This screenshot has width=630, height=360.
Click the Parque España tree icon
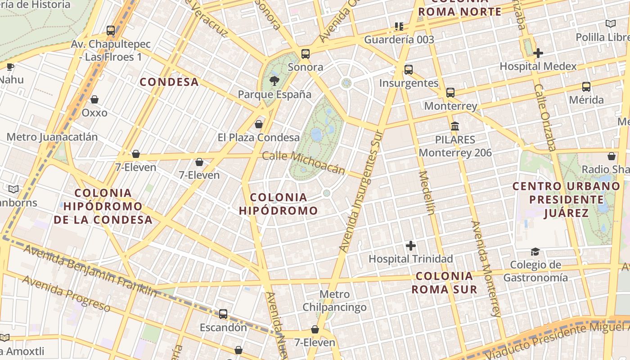274,81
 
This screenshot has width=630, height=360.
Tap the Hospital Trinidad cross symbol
410,246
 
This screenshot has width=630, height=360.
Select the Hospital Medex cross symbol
538,53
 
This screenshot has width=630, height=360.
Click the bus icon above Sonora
306,54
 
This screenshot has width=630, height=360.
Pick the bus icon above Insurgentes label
408,70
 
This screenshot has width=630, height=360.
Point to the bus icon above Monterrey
450,93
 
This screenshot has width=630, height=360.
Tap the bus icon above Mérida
586,87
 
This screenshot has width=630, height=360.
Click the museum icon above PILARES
455,126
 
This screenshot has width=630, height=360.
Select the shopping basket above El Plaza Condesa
259,124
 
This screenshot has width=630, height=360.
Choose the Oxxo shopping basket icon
94,99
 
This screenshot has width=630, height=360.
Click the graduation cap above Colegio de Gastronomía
535,252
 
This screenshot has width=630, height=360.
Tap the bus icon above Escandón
223,314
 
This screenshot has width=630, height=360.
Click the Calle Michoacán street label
304,162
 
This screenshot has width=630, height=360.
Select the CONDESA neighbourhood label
169,82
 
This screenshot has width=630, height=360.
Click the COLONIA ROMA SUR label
444,283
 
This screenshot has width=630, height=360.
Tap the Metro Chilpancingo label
334,301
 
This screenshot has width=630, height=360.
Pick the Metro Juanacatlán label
52,137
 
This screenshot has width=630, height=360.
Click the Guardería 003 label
399,40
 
